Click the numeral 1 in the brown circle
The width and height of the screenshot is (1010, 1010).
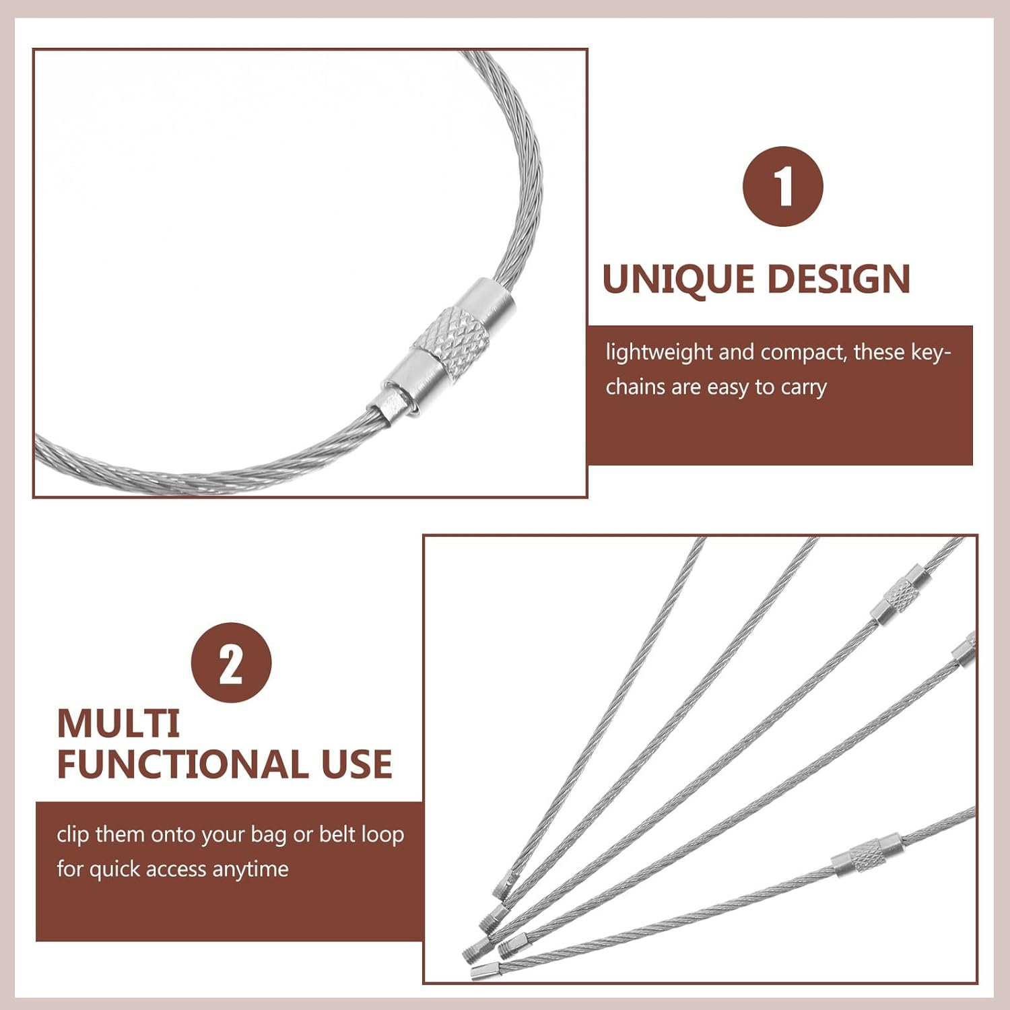coord(782,187)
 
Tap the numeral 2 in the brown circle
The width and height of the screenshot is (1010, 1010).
coord(231,663)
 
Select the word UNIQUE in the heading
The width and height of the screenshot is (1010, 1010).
coord(678,279)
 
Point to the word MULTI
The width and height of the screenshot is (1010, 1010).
coord(119,724)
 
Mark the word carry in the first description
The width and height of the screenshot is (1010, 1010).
coord(803,388)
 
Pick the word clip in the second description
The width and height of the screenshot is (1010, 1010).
coord(73,834)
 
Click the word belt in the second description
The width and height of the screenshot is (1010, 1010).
coord(337,834)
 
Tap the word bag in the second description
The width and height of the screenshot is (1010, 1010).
coord(268,836)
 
